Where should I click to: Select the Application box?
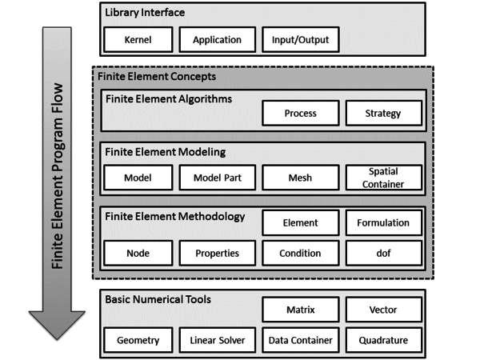tap(218, 39)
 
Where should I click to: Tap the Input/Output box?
tap(301, 39)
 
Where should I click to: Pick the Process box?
tap(301, 114)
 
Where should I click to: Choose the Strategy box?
tap(384, 114)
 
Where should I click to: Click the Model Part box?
tap(218, 178)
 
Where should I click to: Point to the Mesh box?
tap(301, 178)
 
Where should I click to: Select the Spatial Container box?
tap(384, 178)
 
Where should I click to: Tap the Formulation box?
tap(384, 223)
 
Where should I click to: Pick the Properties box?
tap(218, 253)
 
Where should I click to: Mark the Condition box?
tap(301, 253)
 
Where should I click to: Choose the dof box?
tap(384, 253)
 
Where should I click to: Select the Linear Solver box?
tap(218, 340)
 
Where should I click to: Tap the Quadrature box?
tap(384, 340)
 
